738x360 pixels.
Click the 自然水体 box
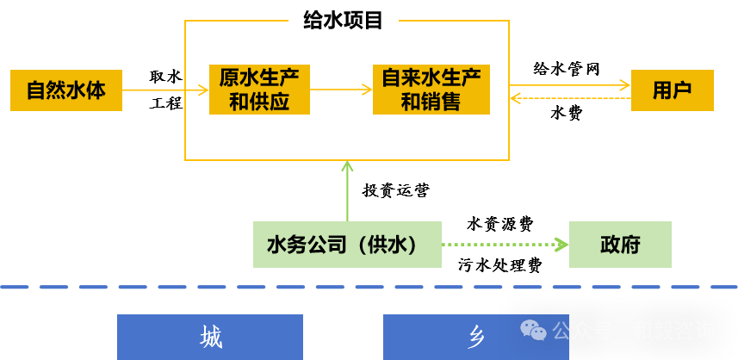click(x=66, y=90)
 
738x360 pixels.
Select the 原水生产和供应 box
click(x=259, y=90)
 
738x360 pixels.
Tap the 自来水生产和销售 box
click(x=431, y=90)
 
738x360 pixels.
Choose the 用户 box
click(x=672, y=90)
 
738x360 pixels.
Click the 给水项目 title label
click(x=343, y=19)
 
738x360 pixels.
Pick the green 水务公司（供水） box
click(x=347, y=245)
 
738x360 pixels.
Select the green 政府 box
click(x=620, y=245)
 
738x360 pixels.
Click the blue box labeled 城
click(x=210, y=337)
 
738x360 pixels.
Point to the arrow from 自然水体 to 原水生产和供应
click(x=165, y=90)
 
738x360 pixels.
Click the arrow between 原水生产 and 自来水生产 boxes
click(x=341, y=90)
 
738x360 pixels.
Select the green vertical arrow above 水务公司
click(x=347, y=191)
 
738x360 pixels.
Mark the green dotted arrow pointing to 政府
click(x=505, y=245)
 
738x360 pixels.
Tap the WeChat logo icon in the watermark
click(x=533, y=330)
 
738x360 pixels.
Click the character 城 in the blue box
click(x=211, y=337)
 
